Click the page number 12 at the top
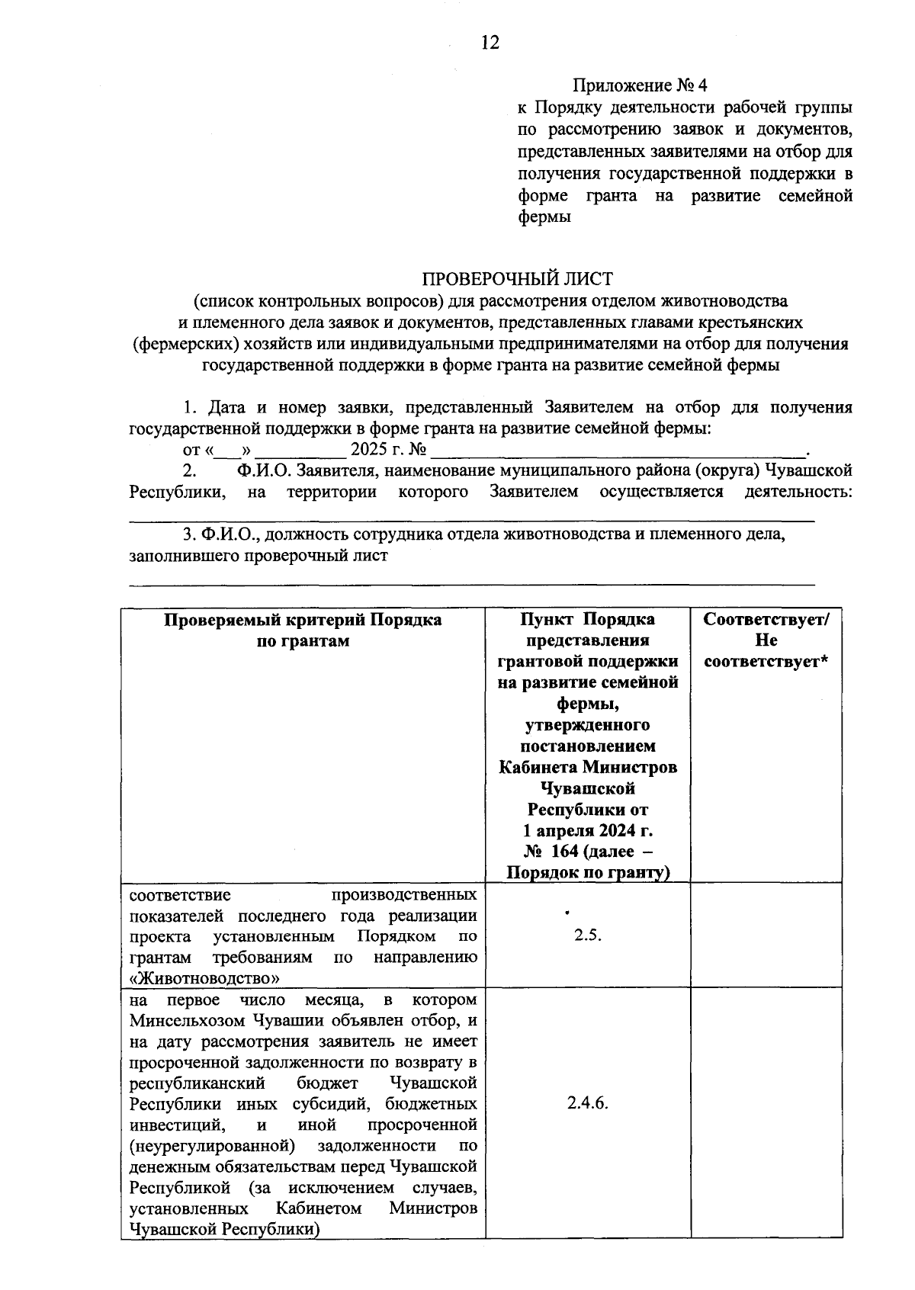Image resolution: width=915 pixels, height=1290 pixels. tap(490, 43)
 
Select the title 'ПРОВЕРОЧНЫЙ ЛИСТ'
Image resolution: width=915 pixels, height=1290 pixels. tap(518, 279)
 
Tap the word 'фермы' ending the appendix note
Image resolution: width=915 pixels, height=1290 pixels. tap(544, 217)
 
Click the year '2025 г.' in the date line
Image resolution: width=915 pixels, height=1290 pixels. tap(377, 449)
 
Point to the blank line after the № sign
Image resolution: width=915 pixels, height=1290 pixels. tap(618, 451)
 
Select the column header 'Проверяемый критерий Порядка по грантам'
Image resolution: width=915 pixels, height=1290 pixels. tap(303, 630)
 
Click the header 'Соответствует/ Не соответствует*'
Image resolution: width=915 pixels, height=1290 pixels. tap(766, 640)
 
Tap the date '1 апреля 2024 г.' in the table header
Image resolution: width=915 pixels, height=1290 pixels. tap(587, 830)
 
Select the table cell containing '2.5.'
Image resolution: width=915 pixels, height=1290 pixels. tap(587, 935)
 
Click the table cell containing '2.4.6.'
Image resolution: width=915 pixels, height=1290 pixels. tap(587, 1103)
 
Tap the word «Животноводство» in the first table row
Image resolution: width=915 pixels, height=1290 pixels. tap(204, 977)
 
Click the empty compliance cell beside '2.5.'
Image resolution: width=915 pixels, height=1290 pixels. tap(766, 935)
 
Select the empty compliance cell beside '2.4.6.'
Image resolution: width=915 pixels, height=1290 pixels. tap(766, 1113)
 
